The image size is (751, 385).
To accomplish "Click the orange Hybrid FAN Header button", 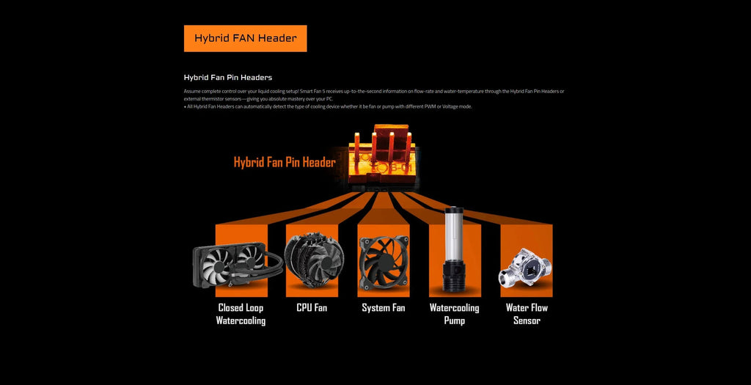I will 245,38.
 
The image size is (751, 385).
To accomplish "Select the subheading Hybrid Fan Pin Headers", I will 227,77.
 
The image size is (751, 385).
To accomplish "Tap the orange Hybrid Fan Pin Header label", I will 285,162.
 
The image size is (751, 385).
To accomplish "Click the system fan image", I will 383,262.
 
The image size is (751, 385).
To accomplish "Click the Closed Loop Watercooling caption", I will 241,314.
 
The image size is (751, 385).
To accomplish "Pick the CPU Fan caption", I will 312,308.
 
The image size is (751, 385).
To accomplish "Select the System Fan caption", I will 383,308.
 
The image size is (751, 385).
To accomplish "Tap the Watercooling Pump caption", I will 454,314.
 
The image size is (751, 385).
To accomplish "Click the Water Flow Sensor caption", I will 527,314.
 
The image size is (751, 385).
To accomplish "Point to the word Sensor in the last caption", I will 527,320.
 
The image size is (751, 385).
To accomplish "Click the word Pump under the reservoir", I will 454,320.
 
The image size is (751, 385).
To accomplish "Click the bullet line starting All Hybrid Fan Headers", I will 328,106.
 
